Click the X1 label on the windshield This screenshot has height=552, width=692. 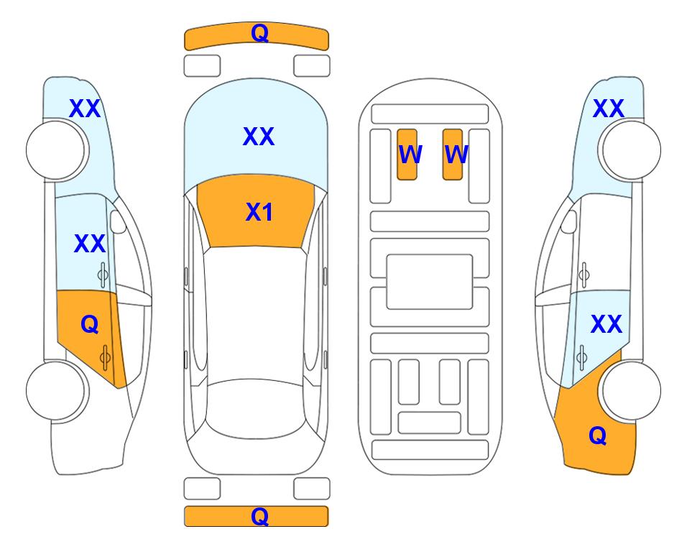click(259, 212)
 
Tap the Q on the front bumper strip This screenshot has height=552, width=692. click(259, 33)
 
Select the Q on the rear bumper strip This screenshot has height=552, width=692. click(259, 516)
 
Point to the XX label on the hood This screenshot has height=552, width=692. click(259, 136)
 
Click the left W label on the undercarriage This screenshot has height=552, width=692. click(410, 154)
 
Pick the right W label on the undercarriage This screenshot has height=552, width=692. click(456, 154)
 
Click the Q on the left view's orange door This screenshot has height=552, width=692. click(90, 325)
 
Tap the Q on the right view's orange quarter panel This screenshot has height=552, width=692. click(598, 436)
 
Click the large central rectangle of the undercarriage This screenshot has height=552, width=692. click(430, 282)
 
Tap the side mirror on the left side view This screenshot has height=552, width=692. click(118, 221)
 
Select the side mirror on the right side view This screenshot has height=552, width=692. click(568, 221)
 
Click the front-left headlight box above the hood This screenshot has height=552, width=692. click(202, 66)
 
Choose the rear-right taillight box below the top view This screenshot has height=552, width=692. click(312, 489)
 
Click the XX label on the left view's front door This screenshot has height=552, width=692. click(90, 244)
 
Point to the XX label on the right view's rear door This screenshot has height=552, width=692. click(606, 324)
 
